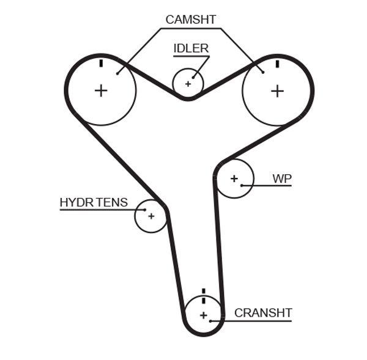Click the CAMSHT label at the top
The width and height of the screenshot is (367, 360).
click(x=190, y=20)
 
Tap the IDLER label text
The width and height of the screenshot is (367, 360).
click(x=191, y=48)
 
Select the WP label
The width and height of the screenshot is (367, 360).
click(x=282, y=178)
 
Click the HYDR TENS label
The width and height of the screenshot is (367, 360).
click(x=94, y=202)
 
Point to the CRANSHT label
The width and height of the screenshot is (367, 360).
click(x=263, y=313)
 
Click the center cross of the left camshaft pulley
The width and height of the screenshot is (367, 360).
click(x=101, y=90)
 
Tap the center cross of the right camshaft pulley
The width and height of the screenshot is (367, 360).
click(x=278, y=90)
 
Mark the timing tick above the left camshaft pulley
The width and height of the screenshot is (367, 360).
click(x=101, y=63)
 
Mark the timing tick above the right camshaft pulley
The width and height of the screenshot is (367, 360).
click(x=278, y=63)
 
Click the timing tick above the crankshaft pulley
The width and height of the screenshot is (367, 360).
click(x=204, y=292)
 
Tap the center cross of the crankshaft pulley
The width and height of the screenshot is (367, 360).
click(x=204, y=315)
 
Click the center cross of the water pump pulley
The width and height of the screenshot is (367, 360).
click(x=234, y=178)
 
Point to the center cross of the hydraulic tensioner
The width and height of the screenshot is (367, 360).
click(x=150, y=216)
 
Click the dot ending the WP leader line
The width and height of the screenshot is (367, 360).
click(x=242, y=185)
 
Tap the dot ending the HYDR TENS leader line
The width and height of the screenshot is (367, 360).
click(x=145, y=210)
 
